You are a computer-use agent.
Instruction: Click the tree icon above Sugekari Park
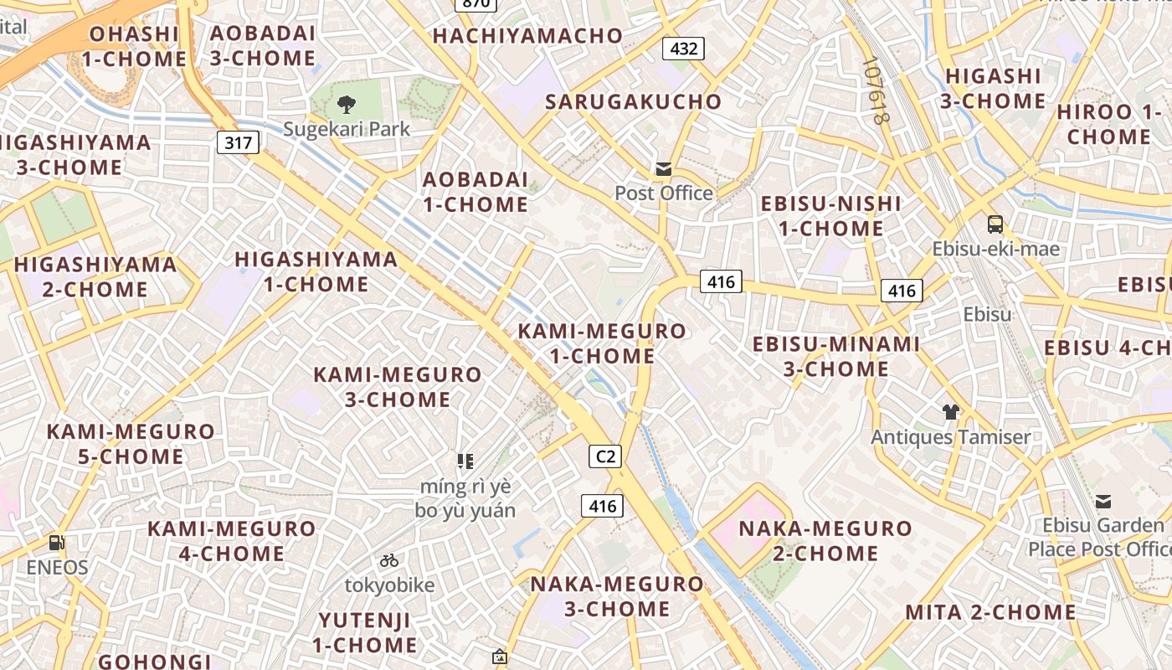pos(346,105)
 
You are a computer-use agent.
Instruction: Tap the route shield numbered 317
pos(239,142)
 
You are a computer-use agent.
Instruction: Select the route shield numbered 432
pos(683,49)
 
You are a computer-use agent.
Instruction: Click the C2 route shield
pos(605,456)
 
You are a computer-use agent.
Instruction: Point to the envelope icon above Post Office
pos(664,169)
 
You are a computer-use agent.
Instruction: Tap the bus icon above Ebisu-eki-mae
pos(995,224)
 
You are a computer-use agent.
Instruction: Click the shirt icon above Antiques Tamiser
pos(950,411)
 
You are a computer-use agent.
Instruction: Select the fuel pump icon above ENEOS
pos(57,543)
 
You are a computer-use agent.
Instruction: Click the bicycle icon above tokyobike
pos(389,560)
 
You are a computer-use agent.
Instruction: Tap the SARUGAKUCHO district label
pos(633,102)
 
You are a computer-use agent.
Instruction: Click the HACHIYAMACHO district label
pos(527,36)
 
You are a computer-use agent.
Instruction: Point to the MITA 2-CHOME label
pos(990,612)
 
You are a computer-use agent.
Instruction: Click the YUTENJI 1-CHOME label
pos(365,633)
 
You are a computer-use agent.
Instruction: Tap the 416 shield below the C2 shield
pos(602,506)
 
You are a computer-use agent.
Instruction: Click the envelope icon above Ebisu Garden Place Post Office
pos(1103,502)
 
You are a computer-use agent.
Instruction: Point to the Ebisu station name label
pos(987,315)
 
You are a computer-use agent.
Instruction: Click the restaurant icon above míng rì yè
pos(465,461)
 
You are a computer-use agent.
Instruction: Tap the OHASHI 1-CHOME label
pos(134,47)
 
